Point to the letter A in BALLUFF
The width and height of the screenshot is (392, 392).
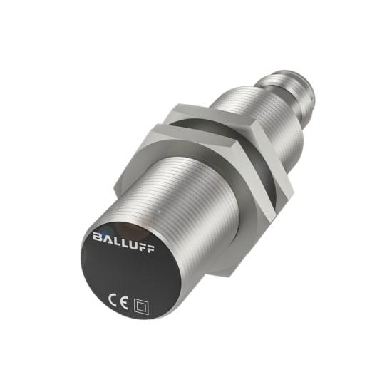[107, 236]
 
